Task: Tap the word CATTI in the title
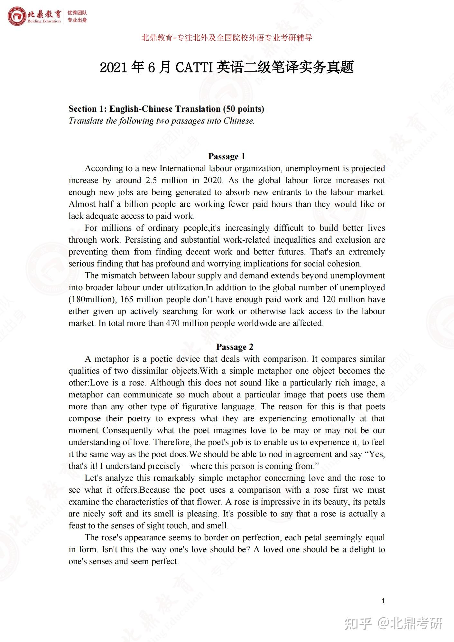(194, 68)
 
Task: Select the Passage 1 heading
(227, 156)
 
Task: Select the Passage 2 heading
(235, 347)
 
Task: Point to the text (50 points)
(244, 109)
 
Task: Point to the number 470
(172, 323)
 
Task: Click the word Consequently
(127, 430)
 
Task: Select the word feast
(77, 526)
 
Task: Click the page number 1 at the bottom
(383, 601)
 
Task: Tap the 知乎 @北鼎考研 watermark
(393, 623)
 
